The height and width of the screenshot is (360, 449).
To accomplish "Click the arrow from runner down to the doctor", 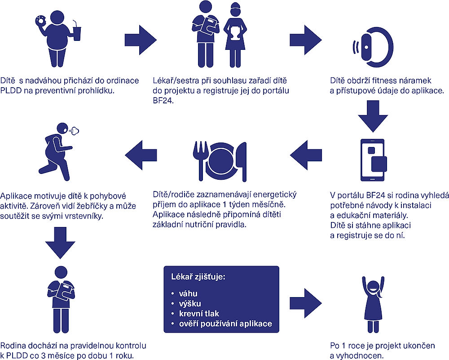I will (x=58, y=242).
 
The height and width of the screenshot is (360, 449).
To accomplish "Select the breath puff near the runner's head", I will (x=74, y=131).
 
